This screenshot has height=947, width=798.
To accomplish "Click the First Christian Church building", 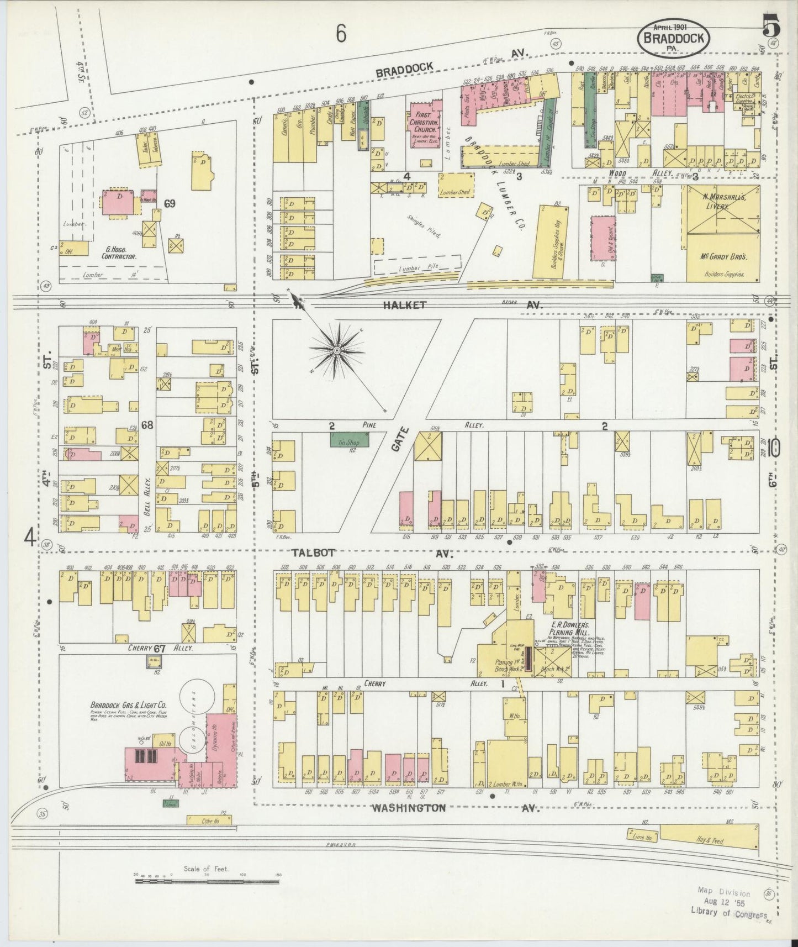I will click(424, 124).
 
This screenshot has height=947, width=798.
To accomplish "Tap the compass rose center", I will click(336, 350).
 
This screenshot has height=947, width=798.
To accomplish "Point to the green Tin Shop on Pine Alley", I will click(350, 440).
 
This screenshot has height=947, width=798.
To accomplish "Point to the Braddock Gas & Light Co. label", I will click(129, 706).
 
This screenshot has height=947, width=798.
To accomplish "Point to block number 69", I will click(169, 203).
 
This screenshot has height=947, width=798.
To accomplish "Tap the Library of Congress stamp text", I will click(728, 913).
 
